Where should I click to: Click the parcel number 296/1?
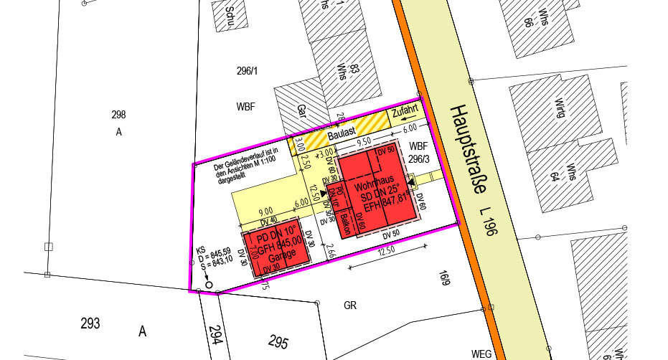(x=246, y=70)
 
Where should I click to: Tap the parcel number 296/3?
(x=418, y=159)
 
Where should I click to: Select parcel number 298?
(x=118, y=115)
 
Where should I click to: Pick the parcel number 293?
(x=90, y=323)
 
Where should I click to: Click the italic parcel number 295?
(x=279, y=340)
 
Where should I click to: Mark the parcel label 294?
(x=215, y=335)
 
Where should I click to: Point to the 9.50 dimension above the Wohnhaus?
(x=364, y=142)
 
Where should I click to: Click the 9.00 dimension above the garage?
(x=265, y=212)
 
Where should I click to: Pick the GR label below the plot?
(x=350, y=305)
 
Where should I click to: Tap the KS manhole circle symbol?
(x=209, y=285)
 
